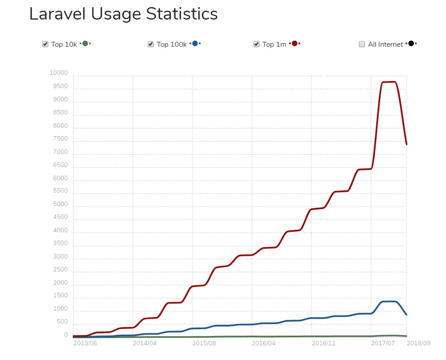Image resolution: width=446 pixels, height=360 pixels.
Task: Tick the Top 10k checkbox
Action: [x=45, y=44]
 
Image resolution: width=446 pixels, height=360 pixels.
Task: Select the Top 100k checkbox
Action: [x=151, y=44]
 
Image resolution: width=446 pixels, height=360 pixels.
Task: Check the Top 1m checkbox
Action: [x=256, y=44]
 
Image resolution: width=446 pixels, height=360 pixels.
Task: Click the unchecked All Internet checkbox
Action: [x=362, y=44]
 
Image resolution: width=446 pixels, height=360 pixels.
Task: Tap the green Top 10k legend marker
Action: [x=85, y=44]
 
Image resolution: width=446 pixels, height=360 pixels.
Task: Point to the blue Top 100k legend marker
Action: [x=195, y=44]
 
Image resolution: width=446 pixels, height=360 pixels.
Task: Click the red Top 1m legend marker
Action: [x=294, y=44]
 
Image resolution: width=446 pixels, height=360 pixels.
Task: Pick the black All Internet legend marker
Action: [x=411, y=44]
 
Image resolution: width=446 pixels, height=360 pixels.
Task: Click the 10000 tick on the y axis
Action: [x=59, y=73]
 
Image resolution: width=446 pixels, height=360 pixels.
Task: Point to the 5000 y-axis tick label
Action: [x=60, y=204]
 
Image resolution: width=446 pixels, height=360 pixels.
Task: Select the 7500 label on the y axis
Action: [x=60, y=139]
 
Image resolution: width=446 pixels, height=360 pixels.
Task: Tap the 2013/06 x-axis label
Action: [x=85, y=343]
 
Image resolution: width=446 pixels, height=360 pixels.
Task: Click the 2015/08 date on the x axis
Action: [x=204, y=343]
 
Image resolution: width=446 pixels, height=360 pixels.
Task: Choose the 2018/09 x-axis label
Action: [x=418, y=343]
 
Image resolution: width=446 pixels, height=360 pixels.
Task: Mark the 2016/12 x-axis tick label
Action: [x=323, y=343]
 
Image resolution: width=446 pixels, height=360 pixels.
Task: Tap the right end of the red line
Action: [x=406, y=144]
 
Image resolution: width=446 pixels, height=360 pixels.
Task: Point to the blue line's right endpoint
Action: [x=406, y=315]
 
